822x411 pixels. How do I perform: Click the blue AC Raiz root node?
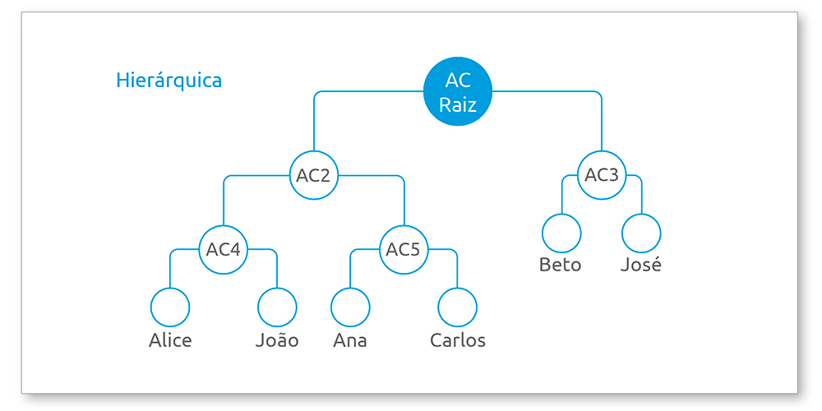coord(458,91)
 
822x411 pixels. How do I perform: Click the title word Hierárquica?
coord(169,81)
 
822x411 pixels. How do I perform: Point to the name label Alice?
coord(170,340)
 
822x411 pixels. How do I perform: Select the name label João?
coord(277,339)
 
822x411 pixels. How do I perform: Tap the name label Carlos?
coord(458,340)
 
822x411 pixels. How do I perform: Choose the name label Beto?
coord(561,265)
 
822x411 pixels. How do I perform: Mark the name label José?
coord(641,264)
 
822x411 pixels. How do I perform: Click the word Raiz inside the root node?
coord(458,105)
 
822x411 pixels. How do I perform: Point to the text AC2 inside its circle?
coord(313,176)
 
